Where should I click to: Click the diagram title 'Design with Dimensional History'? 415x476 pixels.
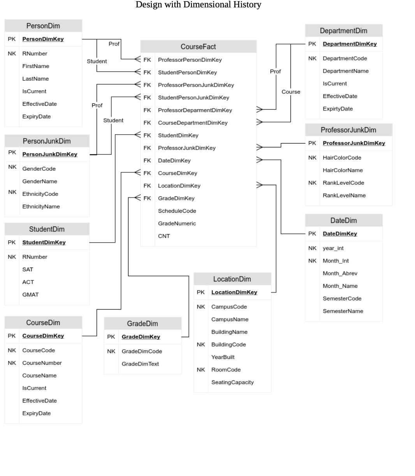pos(198,5)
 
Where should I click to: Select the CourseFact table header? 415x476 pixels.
pos(198,47)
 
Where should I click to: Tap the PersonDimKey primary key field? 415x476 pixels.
pos(43,39)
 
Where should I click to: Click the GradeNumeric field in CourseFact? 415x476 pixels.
pos(177,223)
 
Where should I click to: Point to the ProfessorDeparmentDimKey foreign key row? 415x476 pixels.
pos(195,110)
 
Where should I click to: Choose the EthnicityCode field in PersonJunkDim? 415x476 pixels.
pos(40,194)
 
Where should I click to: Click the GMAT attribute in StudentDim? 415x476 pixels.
pos(30,294)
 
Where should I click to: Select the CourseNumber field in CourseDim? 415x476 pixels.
pos(42,363)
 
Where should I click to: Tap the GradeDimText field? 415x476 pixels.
pos(140,364)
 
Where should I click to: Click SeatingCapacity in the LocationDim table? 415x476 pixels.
pos(232,382)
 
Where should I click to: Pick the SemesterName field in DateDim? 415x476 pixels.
pos(343,311)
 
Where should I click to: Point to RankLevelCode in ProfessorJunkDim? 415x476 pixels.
pos(343,183)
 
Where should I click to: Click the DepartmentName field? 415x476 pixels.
pos(345,71)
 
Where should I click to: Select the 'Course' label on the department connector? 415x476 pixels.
pos(291,92)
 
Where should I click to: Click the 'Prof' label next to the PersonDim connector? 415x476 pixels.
pos(114,44)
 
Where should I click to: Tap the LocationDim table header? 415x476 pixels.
pos(232,279)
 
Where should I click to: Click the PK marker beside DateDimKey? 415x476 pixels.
pos(312,233)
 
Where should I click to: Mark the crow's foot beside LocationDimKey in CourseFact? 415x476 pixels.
pos(260,185)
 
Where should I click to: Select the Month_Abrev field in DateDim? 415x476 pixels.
pos(340,273)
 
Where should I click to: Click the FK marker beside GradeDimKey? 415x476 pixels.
pos(147,198)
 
